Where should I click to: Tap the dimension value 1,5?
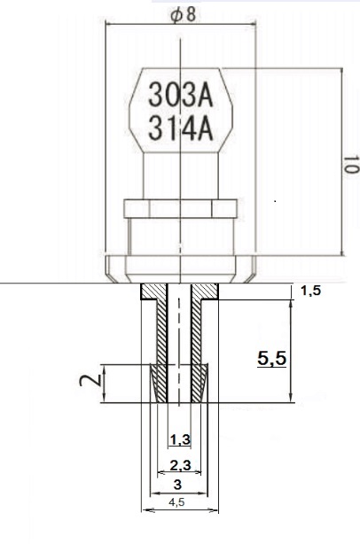pos(311,292)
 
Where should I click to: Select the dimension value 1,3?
pos(180,439)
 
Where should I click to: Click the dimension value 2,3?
pos(180,466)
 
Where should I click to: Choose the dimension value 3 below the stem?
pos(177,485)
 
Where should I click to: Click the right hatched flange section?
pos(207,291)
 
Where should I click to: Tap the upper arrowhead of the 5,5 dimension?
pos(291,305)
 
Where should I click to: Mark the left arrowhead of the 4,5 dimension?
pos(146,509)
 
